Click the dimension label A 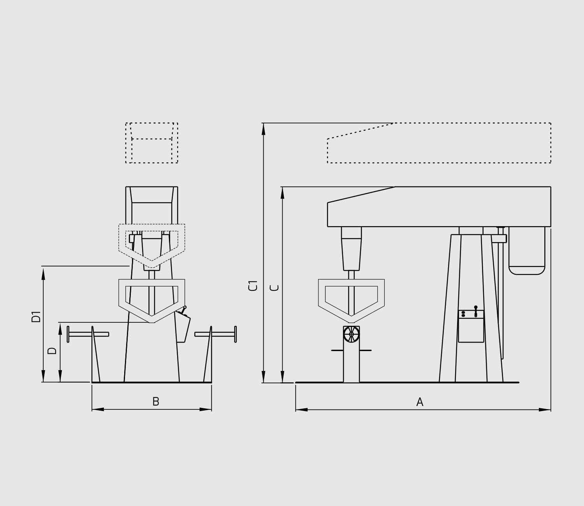[420, 402]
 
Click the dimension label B [156, 401]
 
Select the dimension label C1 [253, 285]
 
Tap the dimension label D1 [36, 316]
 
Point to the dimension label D [52, 351]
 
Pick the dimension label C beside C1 [275, 288]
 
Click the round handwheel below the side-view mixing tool [351, 334]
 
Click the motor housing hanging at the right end [527, 251]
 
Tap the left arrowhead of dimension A [301, 409]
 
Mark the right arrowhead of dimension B [206, 409]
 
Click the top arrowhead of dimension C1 [264, 128]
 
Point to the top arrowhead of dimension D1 [43, 272]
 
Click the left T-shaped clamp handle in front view [86, 334]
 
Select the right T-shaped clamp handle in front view [218, 334]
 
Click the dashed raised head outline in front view [152, 143]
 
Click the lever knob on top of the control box [476, 307]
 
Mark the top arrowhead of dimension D [60, 329]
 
